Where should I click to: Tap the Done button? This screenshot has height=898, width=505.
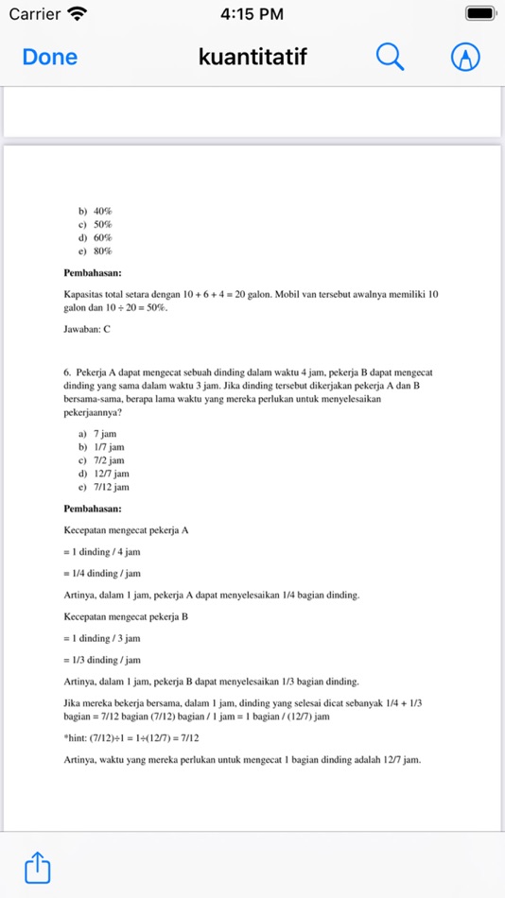[49, 57]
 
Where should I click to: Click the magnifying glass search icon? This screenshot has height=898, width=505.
[390, 57]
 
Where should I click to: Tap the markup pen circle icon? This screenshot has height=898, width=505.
[464, 57]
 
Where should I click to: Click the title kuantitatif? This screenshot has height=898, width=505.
[252, 57]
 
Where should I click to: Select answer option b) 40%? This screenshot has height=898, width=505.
[96, 211]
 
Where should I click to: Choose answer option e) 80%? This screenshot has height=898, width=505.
[96, 250]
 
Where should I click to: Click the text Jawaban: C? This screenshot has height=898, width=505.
[87, 329]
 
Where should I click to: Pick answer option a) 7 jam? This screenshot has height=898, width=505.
[97, 434]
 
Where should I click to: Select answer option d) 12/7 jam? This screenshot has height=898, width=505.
[103, 474]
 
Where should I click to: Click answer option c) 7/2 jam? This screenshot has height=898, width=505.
[101, 460]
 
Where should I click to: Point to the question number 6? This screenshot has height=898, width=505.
[67, 372]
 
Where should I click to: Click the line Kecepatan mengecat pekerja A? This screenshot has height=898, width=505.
[126, 530]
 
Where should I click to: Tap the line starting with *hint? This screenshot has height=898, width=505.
[131, 738]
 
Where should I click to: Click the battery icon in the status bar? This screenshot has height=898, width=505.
[480, 14]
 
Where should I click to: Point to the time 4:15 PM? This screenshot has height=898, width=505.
[252, 14]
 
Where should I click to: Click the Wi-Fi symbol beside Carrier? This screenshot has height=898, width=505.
[78, 14]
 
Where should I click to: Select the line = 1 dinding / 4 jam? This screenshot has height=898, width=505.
[102, 552]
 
